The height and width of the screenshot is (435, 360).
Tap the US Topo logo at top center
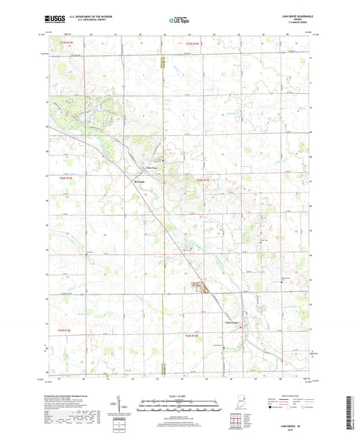[176, 21]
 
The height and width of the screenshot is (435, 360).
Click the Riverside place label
[140, 182]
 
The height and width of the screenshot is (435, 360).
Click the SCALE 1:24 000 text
[179, 396]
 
